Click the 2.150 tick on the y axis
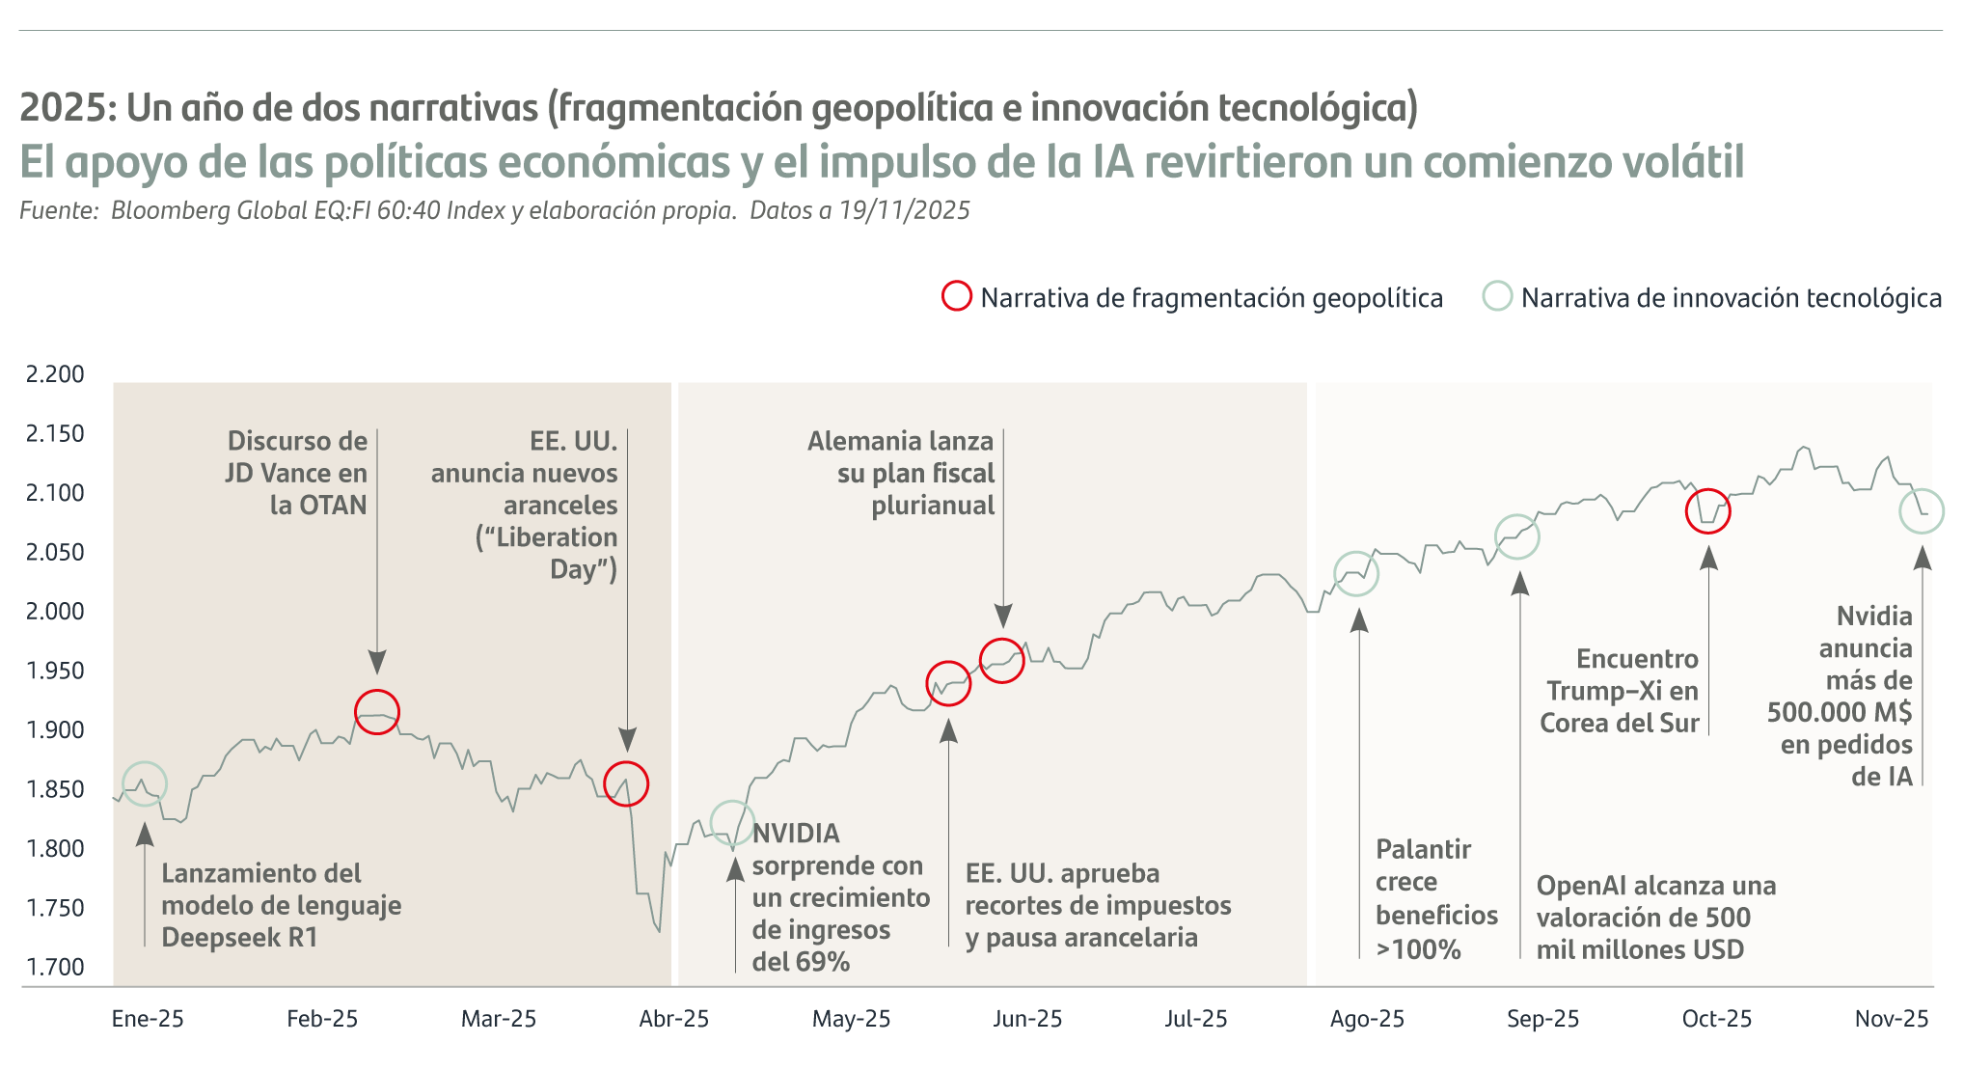pos(55,434)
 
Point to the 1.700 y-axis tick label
pos(55,967)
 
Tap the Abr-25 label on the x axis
pos(673,1019)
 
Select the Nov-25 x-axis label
pos(1891,1019)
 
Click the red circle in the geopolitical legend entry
pos(956,296)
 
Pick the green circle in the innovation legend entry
pos(1497,296)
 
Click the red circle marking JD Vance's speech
pos(377,712)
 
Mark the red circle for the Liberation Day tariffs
pos(626,783)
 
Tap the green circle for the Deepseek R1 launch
pos(145,783)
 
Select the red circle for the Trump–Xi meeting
pos(1707,510)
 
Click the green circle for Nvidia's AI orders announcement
pos(1921,510)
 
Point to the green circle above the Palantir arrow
pos(1356,574)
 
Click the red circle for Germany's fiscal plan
pos(1002,660)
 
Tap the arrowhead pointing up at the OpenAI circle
pos(1519,583)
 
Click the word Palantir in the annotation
pos(1423,850)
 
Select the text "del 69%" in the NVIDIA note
pos(801,962)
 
